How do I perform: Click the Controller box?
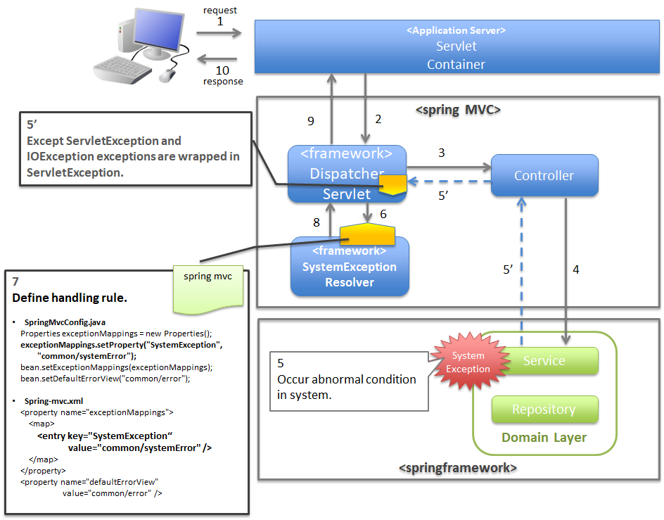(x=544, y=175)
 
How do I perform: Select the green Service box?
(x=544, y=361)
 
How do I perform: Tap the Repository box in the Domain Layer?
(x=544, y=410)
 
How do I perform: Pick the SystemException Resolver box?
(x=350, y=267)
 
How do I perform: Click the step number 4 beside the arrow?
(x=576, y=269)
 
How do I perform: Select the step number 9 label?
(x=310, y=121)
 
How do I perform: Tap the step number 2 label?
(x=378, y=119)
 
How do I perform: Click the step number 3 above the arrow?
(x=441, y=153)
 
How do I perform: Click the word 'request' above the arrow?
(x=220, y=11)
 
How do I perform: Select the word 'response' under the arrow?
(x=223, y=82)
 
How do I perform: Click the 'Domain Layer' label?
(x=544, y=438)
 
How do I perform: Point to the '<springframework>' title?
(x=458, y=468)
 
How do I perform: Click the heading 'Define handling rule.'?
(x=70, y=298)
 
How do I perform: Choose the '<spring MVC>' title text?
(x=458, y=110)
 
